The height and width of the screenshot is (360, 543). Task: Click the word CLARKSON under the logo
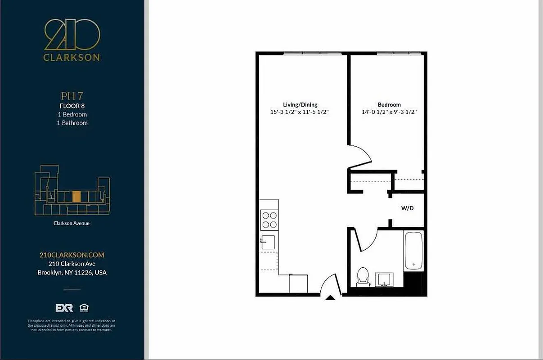pos(72,58)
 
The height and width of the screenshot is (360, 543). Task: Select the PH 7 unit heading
pos(72,96)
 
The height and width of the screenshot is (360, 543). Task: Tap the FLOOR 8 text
pos(72,106)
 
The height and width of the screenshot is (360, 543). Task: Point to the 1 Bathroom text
pos(72,123)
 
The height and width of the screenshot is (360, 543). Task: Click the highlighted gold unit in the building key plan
pos(76,196)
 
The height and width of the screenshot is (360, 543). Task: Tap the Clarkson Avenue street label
pos(72,223)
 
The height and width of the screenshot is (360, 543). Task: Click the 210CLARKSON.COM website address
pos(72,255)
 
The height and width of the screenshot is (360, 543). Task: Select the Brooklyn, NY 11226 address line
pos(72,273)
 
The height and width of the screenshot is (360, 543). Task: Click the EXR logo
pos(64,308)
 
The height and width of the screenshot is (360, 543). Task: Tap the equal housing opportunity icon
pos(84,308)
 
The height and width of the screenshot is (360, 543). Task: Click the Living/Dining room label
pos(300,105)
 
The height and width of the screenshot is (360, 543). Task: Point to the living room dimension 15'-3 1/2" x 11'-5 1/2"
pos(300,112)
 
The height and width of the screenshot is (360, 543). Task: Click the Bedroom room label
pos(389,105)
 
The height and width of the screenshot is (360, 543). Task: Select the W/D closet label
pos(407,209)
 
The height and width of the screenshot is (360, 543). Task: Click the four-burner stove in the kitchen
pos(269,220)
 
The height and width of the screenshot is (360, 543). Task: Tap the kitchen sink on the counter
pos(268,242)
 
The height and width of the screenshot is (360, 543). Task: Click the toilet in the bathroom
pos(362,277)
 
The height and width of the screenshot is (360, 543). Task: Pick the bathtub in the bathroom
pos(413,251)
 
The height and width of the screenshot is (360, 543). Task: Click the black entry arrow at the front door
pos(330,297)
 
